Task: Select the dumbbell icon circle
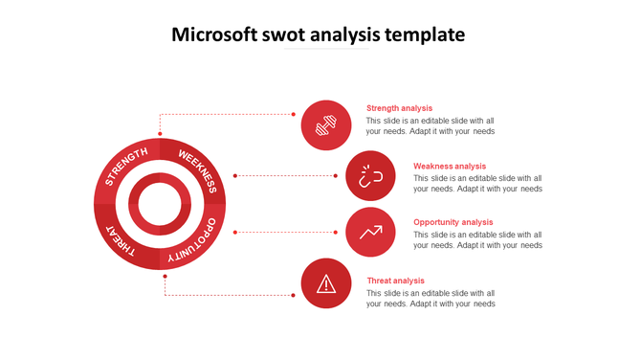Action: click(x=326, y=124)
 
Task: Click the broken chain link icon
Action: click(x=370, y=175)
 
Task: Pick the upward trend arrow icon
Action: click(x=370, y=232)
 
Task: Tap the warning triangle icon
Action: click(x=326, y=283)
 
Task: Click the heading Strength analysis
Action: click(x=400, y=108)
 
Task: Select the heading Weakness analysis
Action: click(x=450, y=166)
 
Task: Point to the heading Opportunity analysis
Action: click(x=453, y=222)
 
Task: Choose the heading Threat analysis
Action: click(x=396, y=281)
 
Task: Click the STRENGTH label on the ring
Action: click(x=126, y=168)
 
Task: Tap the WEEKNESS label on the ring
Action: click(x=199, y=169)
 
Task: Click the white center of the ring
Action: click(x=160, y=204)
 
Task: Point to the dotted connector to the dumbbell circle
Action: click(x=230, y=114)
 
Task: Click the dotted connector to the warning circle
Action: click(x=230, y=295)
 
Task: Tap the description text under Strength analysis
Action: click(x=431, y=126)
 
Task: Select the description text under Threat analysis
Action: click(x=431, y=299)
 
